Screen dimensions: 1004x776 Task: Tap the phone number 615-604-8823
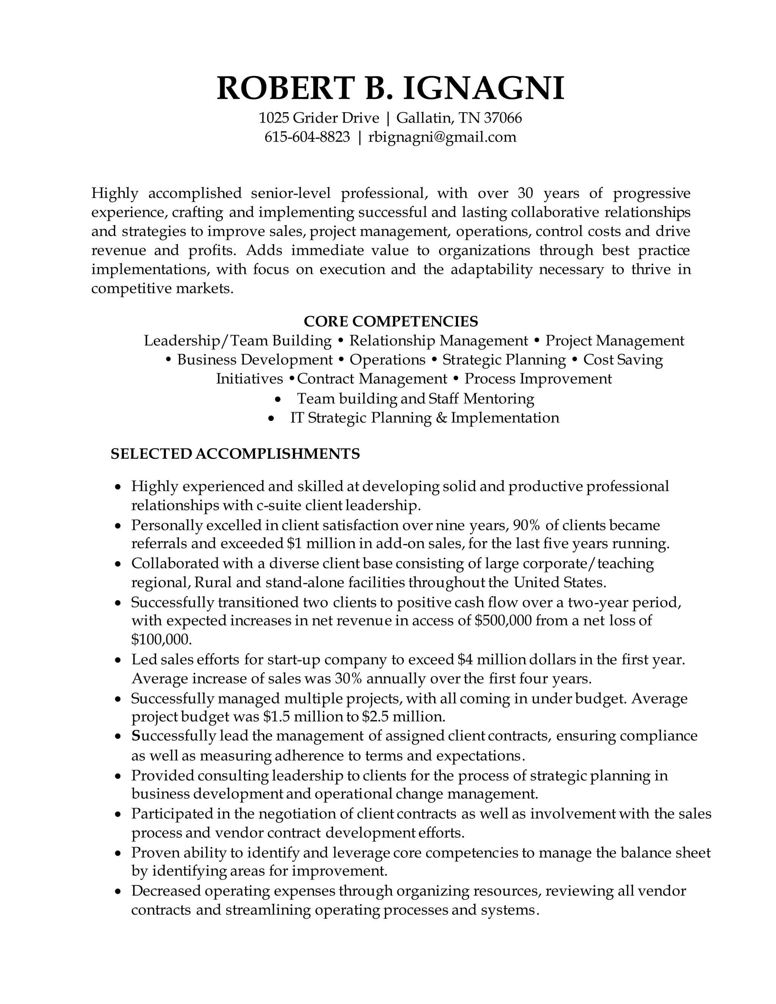[x=307, y=137]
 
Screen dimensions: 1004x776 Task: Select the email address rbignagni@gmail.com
[x=442, y=137]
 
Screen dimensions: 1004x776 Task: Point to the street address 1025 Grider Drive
[x=319, y=118]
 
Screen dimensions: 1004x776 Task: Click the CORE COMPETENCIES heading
[x=391, y=321]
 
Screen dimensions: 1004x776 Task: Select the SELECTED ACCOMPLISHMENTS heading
[x=235, y=454]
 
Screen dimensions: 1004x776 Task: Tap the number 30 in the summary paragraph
[x=525, y=193]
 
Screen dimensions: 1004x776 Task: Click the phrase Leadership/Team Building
[x=238, y=341]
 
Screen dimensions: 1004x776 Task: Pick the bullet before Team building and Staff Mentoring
[x=277, y=399]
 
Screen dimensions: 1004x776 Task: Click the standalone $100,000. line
[x=161, y=640]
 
